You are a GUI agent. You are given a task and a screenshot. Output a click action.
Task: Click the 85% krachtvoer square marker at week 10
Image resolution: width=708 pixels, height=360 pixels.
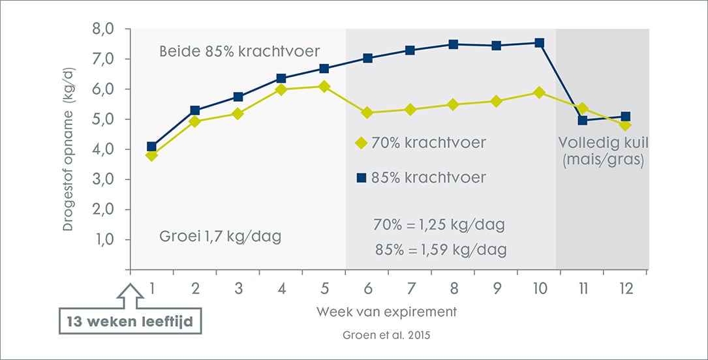click(539, 43)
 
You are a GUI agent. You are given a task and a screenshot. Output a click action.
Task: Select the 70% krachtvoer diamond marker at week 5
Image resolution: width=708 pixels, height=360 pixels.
click(324, 86)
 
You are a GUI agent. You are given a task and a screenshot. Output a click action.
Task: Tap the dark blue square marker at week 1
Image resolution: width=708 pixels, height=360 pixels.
click(152, 147)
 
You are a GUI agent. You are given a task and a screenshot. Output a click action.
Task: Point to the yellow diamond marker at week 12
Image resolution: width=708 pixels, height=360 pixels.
click(625, 125)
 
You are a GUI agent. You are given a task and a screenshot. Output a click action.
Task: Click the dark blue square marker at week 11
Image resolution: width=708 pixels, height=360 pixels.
click(582, 121)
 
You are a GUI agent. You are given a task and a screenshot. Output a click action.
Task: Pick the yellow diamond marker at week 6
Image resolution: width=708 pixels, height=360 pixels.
click(367, 113)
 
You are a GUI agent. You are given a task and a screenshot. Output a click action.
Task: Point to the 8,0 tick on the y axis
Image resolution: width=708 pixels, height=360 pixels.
click(104, 29)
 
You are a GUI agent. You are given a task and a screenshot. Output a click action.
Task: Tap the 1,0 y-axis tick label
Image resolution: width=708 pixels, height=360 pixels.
click(104, 240)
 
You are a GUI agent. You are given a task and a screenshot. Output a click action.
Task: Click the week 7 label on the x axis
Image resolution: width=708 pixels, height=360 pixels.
click(410, 287)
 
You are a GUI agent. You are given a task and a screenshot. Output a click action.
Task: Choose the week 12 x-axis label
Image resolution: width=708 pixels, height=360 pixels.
click(625, 287)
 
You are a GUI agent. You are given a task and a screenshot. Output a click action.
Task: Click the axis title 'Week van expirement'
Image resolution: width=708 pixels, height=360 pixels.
click(387, 312)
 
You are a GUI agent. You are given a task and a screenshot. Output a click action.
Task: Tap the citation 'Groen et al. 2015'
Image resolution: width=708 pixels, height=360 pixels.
click(387, 337)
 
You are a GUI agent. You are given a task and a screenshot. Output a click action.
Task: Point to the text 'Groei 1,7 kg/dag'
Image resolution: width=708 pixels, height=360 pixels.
click(220, 236)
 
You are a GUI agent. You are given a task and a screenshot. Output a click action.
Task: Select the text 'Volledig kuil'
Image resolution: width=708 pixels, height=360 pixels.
click(602, 142)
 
